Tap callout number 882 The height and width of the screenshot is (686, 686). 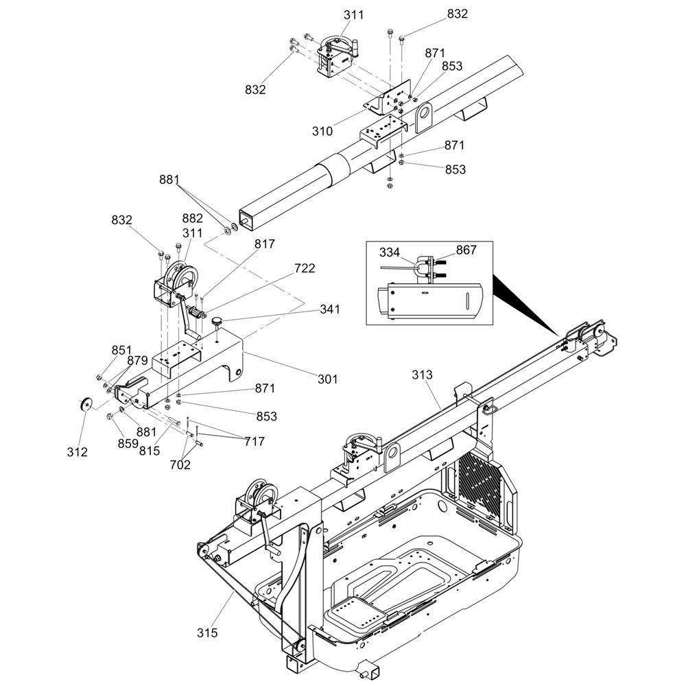tap(192, 219)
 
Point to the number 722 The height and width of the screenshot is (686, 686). tap(305, 268)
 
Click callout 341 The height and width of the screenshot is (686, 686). tap(329, 309)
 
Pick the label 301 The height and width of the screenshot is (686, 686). tap(327, 379)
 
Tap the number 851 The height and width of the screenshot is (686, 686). tap(121, 350)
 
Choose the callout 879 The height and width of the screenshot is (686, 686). tap(137, 361)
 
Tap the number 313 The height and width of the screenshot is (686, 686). tap(423, 375)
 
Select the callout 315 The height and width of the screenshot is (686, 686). tap(206, 632)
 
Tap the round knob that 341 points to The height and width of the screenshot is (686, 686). tap(217, 321)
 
